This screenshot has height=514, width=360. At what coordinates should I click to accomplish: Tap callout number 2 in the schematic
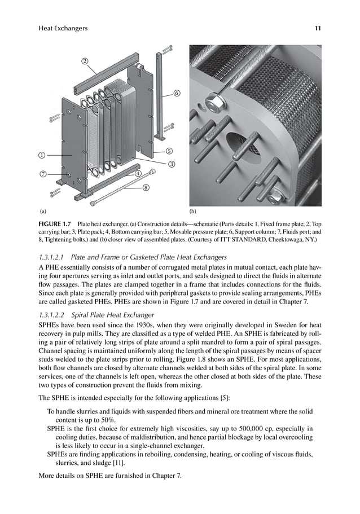coord(85,61)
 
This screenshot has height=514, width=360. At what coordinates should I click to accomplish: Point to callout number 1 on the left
coord(42,154)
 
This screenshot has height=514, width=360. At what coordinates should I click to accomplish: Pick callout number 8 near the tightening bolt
coord(146,187)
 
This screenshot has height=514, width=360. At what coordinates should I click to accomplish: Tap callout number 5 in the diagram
coord(169,151)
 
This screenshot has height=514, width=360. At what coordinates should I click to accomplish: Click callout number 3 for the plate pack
coord(171,164)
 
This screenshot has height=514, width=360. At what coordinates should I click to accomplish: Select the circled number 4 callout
coord(138,174)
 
